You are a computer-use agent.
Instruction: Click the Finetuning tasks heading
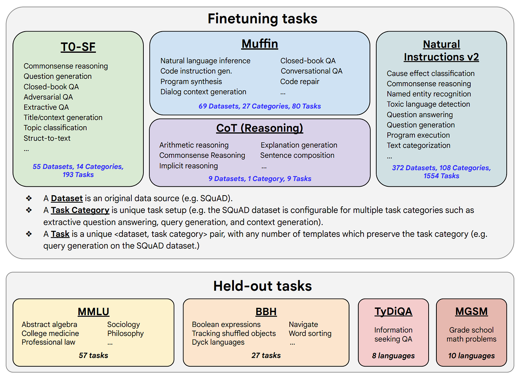[262, 19]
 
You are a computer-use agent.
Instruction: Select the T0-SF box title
[78, 47]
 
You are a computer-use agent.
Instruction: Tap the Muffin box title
[260, 44]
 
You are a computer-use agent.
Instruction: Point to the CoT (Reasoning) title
[260, 128]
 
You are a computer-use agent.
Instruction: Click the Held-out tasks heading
[262, 286]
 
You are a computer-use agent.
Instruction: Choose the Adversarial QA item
[48, 97]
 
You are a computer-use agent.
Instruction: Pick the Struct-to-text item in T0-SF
[47, 138]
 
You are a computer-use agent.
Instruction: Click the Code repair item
[300, 81]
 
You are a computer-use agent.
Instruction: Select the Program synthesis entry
[191, 81]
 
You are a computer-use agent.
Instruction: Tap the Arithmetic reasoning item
[194, 145]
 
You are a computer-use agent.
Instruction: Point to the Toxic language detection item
[428, 104]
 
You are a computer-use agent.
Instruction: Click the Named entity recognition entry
[429, 94]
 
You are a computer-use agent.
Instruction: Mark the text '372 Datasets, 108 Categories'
[441, 168]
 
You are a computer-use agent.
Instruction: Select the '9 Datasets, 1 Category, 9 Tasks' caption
[260, 179]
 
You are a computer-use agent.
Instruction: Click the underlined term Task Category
[80, 210]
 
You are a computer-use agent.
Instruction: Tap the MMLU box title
[93, 312]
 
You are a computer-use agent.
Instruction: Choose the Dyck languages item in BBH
[218, 342]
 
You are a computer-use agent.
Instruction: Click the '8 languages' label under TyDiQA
[393, 356]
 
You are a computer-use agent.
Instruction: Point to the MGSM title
[471, 312]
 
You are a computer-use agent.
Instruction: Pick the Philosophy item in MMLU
[125, 334]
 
